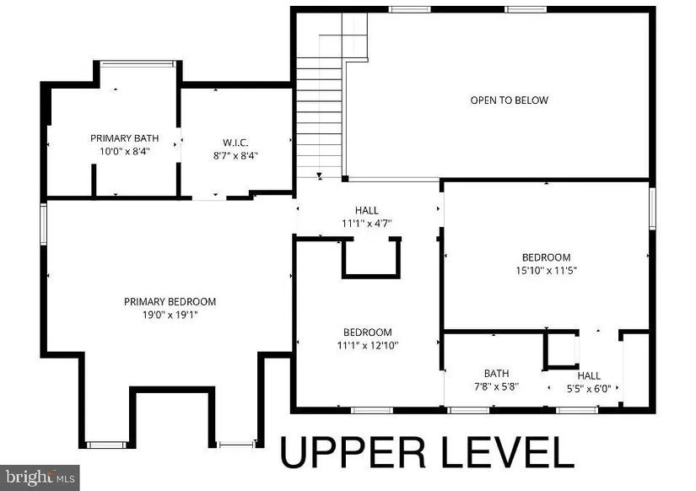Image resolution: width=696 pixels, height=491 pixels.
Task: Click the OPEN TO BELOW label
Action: point(509,100)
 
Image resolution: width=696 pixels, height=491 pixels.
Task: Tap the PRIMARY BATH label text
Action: point(124,138)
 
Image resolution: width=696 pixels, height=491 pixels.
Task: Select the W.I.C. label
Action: point(235,143)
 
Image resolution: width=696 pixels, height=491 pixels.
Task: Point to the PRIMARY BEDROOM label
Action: point(170,302)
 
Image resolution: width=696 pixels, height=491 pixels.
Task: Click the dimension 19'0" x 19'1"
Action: point(170,315)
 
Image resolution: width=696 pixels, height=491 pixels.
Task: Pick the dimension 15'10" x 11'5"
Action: point(546,270)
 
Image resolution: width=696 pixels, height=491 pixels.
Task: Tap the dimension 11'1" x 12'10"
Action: point(368,345)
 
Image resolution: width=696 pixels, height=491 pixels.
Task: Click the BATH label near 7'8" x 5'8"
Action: point(496,374)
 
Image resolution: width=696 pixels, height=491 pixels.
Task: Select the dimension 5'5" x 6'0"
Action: point(589,388)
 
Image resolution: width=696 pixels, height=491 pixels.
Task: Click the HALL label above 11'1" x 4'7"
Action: point(367,210)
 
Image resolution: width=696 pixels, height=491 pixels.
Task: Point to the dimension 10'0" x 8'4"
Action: point(125,151)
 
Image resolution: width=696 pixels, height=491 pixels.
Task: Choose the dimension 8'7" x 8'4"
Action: point(235,155)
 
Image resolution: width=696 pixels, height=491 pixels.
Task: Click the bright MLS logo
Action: point(40,478)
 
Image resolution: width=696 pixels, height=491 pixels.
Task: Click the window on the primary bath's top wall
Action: point(138,64)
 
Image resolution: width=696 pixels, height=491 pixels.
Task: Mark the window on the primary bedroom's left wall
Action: point(44,224)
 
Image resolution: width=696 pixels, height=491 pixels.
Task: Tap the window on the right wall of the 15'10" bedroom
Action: point(652,208)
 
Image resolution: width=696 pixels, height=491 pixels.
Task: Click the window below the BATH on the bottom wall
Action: point(468,410)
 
